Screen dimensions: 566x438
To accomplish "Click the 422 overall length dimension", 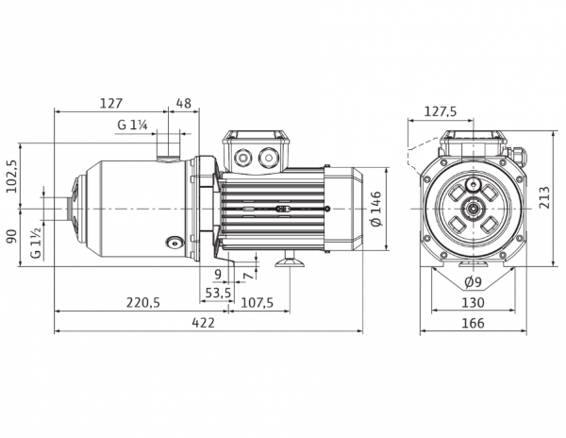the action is pyautogui.click(x=203, y=323).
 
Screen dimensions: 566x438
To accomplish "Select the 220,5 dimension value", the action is pyautogui.click(x=143, y=302).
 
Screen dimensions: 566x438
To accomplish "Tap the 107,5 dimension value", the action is pyautogui.click(x=257, y=302).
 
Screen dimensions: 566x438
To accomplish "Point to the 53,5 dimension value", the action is pyautogui.click(x=218, y=292).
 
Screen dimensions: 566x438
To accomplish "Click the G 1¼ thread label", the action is pyautogui.click(x=132, y=125).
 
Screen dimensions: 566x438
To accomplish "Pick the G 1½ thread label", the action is pyautogui.click(x=36, y=244).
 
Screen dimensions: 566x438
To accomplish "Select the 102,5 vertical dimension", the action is pyautogui.click(x=12, y=177).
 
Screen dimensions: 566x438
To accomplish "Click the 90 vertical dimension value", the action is pyautogui.click(x=12, y=237).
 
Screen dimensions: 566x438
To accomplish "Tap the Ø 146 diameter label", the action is pyautogui.click(x=376, y=209).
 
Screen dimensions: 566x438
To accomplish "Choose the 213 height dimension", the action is pyautogui.click(x=544, y=197).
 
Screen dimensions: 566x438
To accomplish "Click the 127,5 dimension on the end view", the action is pyautogui.click(x=440, y=111).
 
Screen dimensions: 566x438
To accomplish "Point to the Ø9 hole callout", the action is pyautogui.click(x=473, y=281).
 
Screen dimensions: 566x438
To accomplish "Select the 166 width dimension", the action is pyautogui.click(x=473, y=323).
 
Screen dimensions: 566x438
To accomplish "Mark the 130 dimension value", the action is pyautogui.click(x=473, y=302).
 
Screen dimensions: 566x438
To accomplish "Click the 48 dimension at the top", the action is pyautogui.click(x=184, y=104).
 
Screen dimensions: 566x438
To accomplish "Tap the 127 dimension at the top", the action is pyautogui.click(x=111, y=104).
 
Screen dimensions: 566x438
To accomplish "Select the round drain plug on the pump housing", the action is pyautogui.click(x=175, y=243).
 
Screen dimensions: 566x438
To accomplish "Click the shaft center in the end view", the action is pyautogui.click(x=473, y=209).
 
